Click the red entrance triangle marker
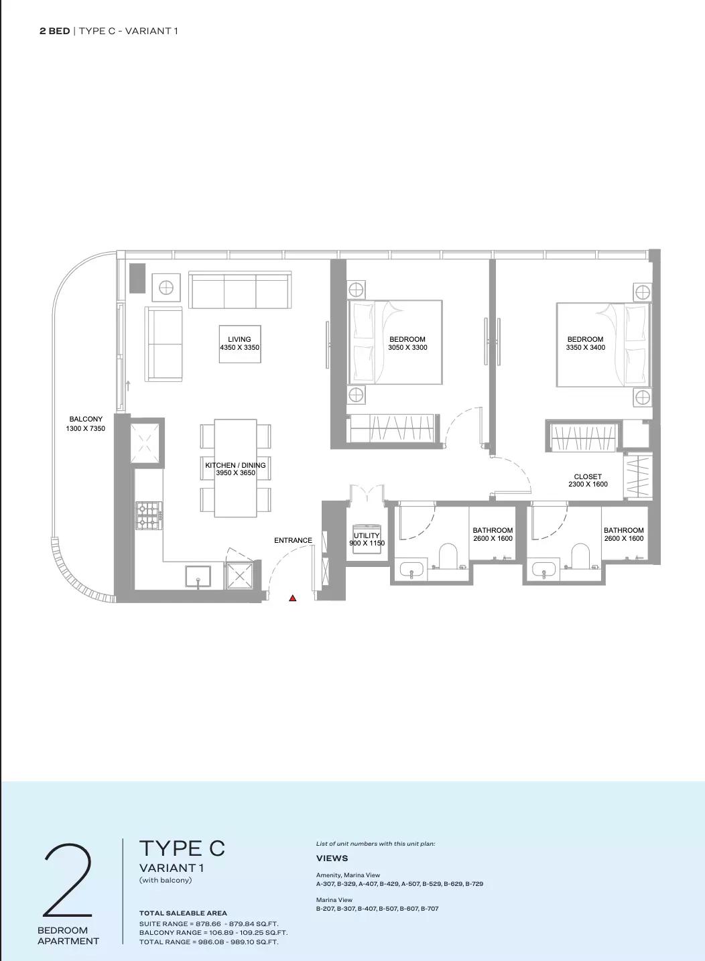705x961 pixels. click(x=293, y=598)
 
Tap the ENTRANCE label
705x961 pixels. click(x=293, y=540)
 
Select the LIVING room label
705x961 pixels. click(x=239, y=339)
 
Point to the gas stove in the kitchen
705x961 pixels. click(x=149, y=515)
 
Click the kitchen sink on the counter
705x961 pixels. click(x=198, y=576)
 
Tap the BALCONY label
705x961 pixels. click(x=86, y=419)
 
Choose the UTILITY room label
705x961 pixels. click(x=367, y=535)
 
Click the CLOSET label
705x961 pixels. click(x=588, y=476)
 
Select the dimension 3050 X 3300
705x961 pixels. click(x=407, y=348)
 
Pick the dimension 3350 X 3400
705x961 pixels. click(x=586, y=348)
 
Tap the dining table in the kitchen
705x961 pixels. click(x=236, y=468)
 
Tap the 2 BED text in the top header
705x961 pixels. click(x=54, y=31)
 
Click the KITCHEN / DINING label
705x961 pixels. click(x=236, y=465)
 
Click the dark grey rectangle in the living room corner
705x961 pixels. click(x=138, y=278)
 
